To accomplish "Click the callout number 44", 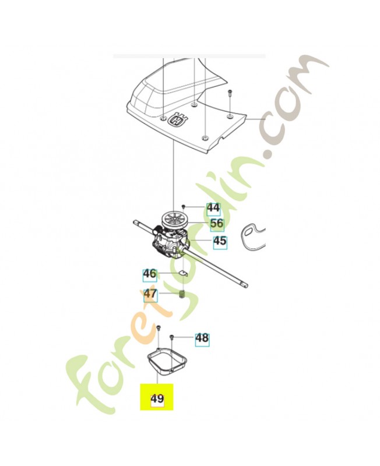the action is pyautogui.click(x=213, y=208).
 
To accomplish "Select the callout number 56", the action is pyautogui.click(x=217, y=223).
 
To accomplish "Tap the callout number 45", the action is pyautogui.click(x=220, y=241).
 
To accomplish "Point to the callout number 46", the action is pyautogui.click(x=150, y=273).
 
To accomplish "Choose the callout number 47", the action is pyautogui.click(x=150, y=294).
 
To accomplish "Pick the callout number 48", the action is pyautogui.click(x=202, y=338).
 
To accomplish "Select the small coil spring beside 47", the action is pyautogui.click(x=182, y=295).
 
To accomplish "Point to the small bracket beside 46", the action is pyautogui.click(x=184, y=273).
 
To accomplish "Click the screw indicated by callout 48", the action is pyautogui.click(x=171, y=337).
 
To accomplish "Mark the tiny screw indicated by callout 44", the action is pyautogui.click(x=184, y=206).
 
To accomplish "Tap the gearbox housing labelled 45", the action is pyautogui.click(x=170, y=243).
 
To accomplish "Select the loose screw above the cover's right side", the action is pyautogui.click(x=230, y=93).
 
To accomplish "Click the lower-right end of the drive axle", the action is pyautogui.click(x=247, y=286).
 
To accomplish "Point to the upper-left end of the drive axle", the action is pyautogui.click(x=135, y=222).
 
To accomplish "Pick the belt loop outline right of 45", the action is pyautogui.click(x=252, y=234).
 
